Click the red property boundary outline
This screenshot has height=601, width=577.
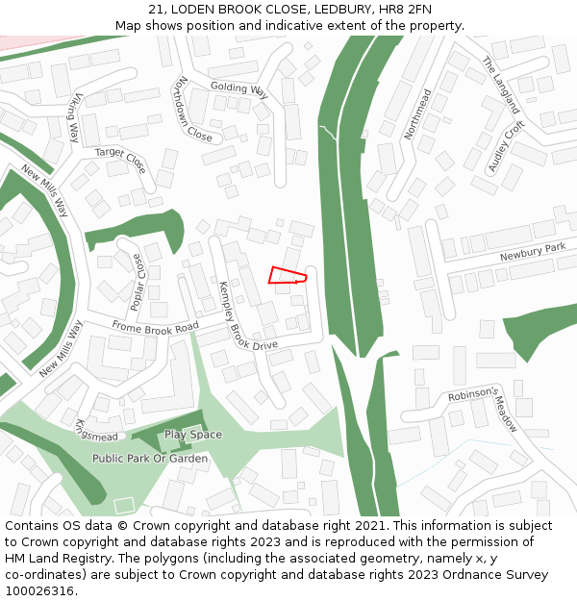[288, 275]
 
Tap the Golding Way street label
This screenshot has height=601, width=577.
[239, 88]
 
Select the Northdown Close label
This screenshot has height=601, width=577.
[193, 110]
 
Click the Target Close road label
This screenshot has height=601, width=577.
[120, 160]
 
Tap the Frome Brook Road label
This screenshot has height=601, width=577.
[155, 327]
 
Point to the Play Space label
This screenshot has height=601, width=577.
[192, 435]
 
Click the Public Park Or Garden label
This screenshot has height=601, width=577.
[150, 459]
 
